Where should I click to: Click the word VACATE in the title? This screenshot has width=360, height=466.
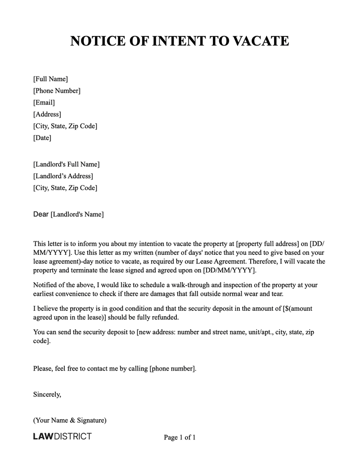coord(261,41)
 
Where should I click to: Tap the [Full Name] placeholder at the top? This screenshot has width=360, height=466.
coord(50,79)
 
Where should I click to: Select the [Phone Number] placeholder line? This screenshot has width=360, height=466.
coord(57,91)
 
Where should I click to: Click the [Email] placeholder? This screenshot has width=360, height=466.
coord(44,103)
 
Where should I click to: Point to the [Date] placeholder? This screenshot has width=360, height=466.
coord(42,138)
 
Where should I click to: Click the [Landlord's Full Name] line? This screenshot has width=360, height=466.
coord(67,164)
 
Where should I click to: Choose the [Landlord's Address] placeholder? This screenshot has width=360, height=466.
coord(63,176)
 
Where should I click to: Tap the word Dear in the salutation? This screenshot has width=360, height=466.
coord(41,214)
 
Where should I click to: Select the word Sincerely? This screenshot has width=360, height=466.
coord(47,394)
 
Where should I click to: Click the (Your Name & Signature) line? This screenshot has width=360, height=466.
coord(70,421)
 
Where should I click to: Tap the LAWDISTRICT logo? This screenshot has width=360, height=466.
coord(63,436)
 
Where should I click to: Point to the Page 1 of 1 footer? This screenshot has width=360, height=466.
coord(180,437)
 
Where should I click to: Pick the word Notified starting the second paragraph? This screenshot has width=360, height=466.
coord(46,285)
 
